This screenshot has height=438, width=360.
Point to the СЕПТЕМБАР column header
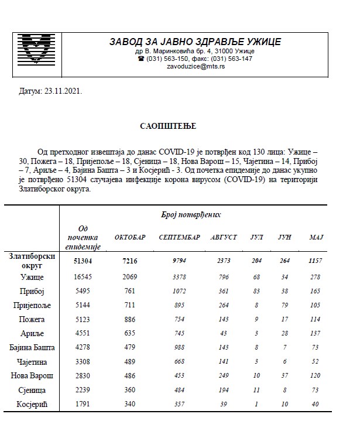click(179, 237)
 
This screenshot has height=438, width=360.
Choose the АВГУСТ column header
click(223, 237)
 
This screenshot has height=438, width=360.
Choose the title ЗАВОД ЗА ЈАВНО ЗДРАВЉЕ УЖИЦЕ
click(195, 42)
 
